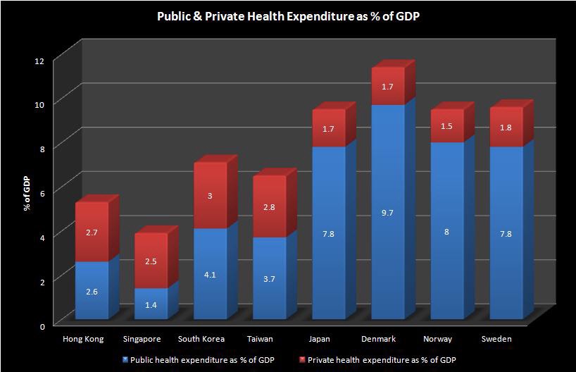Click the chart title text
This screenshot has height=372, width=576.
point(289,16)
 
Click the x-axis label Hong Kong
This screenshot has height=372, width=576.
point(83,339)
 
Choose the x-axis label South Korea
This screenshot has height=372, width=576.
point(201,339)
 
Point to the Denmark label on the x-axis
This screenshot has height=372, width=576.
point(379,339)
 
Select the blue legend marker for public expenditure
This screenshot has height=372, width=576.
point(126,359)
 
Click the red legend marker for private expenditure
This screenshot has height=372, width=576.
point(302,359)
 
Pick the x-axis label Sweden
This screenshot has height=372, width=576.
point(497,339)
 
